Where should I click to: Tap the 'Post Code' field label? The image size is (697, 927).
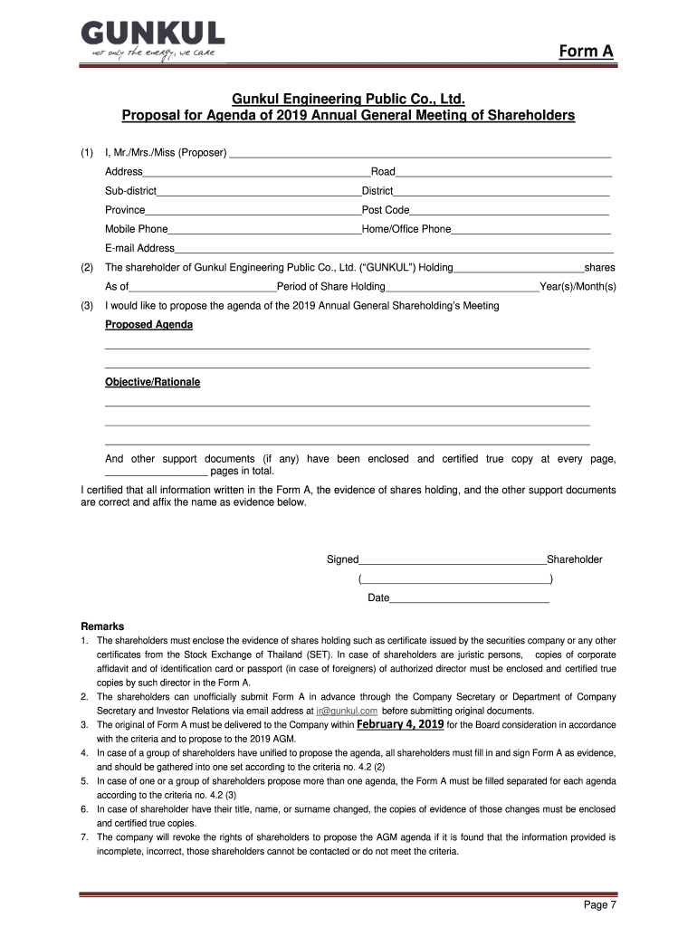coord(386,210)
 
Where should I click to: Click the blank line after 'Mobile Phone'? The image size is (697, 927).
coord(264,229)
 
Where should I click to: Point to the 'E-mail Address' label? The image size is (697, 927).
coord(139,248)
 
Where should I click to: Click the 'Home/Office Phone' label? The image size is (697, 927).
coord(406,229)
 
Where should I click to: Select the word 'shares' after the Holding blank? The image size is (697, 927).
coord(600,268)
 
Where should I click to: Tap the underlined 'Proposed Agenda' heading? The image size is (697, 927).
coord(148,324)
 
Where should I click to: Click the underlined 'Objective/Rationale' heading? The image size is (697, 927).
coord(152,382)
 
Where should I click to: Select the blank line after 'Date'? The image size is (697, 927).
coord(469,598)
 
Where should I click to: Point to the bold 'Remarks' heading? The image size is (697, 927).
coord(102,626)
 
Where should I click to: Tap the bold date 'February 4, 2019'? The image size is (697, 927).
coord(400,724)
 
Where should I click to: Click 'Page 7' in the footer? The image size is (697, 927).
coord(599,905)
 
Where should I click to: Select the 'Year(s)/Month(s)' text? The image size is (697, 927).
coord(578,287)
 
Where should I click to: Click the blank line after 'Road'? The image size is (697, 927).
coord(503,172)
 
